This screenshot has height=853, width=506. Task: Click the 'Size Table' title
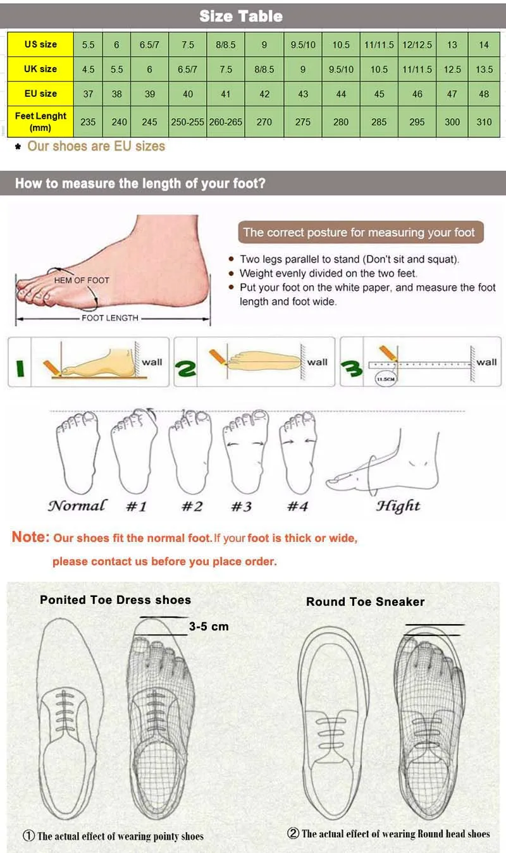click(241, 16)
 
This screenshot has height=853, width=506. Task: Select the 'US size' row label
click(40, 44)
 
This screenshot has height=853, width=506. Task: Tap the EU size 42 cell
click(264, 94)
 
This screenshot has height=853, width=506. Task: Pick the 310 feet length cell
click(484, 122)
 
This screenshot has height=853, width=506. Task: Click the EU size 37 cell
click(88, 94)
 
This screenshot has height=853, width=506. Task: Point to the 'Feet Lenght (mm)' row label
click(40, 121)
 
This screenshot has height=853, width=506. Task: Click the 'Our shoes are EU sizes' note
click(96, 146)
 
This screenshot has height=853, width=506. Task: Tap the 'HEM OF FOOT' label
click(82, 280)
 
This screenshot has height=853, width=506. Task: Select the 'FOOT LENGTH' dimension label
click(109, 318)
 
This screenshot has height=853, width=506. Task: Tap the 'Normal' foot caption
click(77, 506)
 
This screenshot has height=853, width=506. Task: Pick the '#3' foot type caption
click(241, 506)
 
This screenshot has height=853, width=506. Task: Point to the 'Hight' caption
click(398, 506)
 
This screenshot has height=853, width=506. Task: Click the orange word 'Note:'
click(30, 537)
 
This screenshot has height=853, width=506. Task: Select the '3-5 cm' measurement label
click(209, 627)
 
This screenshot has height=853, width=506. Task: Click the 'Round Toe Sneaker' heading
click(365, 602)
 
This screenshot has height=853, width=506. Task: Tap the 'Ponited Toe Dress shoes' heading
click(115, 599)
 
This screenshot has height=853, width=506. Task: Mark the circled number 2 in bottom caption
click(293, 833)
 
